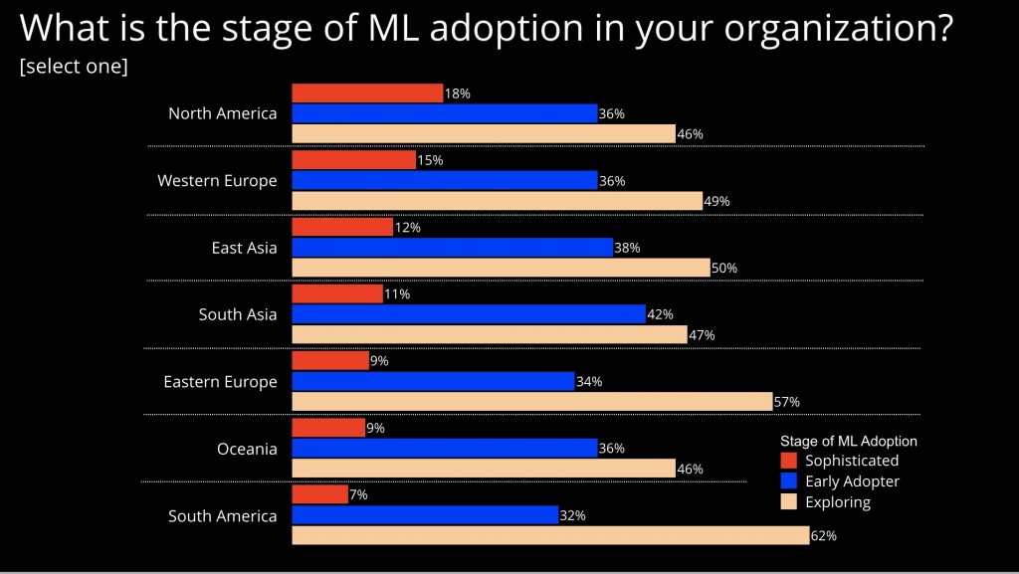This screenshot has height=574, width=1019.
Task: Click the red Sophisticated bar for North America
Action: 367,94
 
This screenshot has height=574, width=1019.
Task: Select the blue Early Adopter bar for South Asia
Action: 469,314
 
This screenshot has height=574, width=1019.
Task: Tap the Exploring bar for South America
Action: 550,535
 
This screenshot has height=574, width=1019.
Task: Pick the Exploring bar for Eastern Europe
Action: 532,401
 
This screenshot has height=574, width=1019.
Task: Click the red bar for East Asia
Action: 342,227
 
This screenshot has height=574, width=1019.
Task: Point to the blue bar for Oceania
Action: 445,449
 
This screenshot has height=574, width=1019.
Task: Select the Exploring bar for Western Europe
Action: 498,200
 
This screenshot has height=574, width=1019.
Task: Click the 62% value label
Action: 824,536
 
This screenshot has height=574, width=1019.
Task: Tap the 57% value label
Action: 787,402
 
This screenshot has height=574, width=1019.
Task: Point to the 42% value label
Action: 660,314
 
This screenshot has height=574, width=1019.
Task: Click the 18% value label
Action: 457,94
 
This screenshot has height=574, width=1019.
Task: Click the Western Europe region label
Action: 217,181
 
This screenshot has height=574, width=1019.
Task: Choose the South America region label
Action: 222,516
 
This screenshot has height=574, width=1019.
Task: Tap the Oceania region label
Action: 247,449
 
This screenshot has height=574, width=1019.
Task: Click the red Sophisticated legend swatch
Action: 789,461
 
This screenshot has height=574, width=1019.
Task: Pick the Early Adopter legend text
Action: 852,481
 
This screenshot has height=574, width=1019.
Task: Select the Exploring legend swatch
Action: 789,502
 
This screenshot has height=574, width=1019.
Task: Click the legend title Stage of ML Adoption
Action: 848,441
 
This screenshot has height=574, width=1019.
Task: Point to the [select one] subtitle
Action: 74,67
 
